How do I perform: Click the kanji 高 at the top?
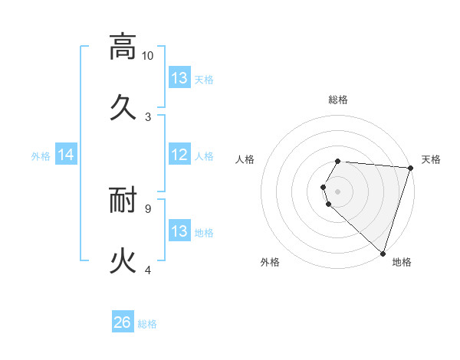point(123,47)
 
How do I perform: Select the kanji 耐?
point(123,201)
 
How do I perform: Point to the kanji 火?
point(123,260)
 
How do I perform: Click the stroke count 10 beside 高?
point(148,56)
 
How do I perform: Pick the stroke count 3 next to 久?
point(148,116)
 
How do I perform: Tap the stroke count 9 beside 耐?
point(148,207)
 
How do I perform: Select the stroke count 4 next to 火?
point(148,270)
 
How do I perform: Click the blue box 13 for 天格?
point(179,78)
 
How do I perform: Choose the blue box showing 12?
point(179,155)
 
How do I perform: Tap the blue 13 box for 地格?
point(179,231)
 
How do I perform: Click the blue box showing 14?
point(66,155)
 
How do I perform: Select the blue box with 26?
point(123,322)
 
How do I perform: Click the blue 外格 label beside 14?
point(41,156)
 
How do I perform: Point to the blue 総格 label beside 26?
point(148,324)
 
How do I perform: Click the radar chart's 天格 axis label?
point(431,159)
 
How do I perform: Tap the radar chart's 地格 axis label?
point(402,263)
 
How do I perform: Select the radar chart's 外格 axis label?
point(270,263)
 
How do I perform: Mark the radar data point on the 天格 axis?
point(409,168)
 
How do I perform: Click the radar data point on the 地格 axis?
point(383,254)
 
